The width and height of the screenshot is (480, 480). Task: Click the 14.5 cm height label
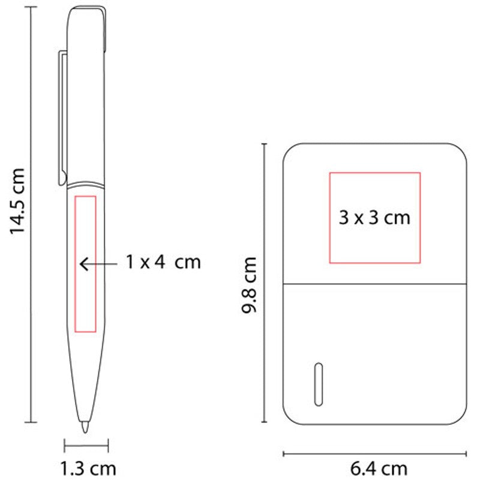(x=17, y=201)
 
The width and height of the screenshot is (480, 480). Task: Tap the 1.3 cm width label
(x=88, y=469)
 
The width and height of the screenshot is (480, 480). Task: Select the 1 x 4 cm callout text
(x=163, y=262)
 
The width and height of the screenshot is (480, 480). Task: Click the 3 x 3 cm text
(x=374, y=218)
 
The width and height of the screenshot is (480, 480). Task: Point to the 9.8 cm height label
(x=248, y=285)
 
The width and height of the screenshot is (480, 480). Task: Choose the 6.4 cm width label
(x=379, y=469)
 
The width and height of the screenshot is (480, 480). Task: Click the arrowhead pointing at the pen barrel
(x=84, y=264)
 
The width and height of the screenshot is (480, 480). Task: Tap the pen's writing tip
(x=85, y=427)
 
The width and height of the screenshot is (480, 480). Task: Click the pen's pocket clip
(x=62, y=118)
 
